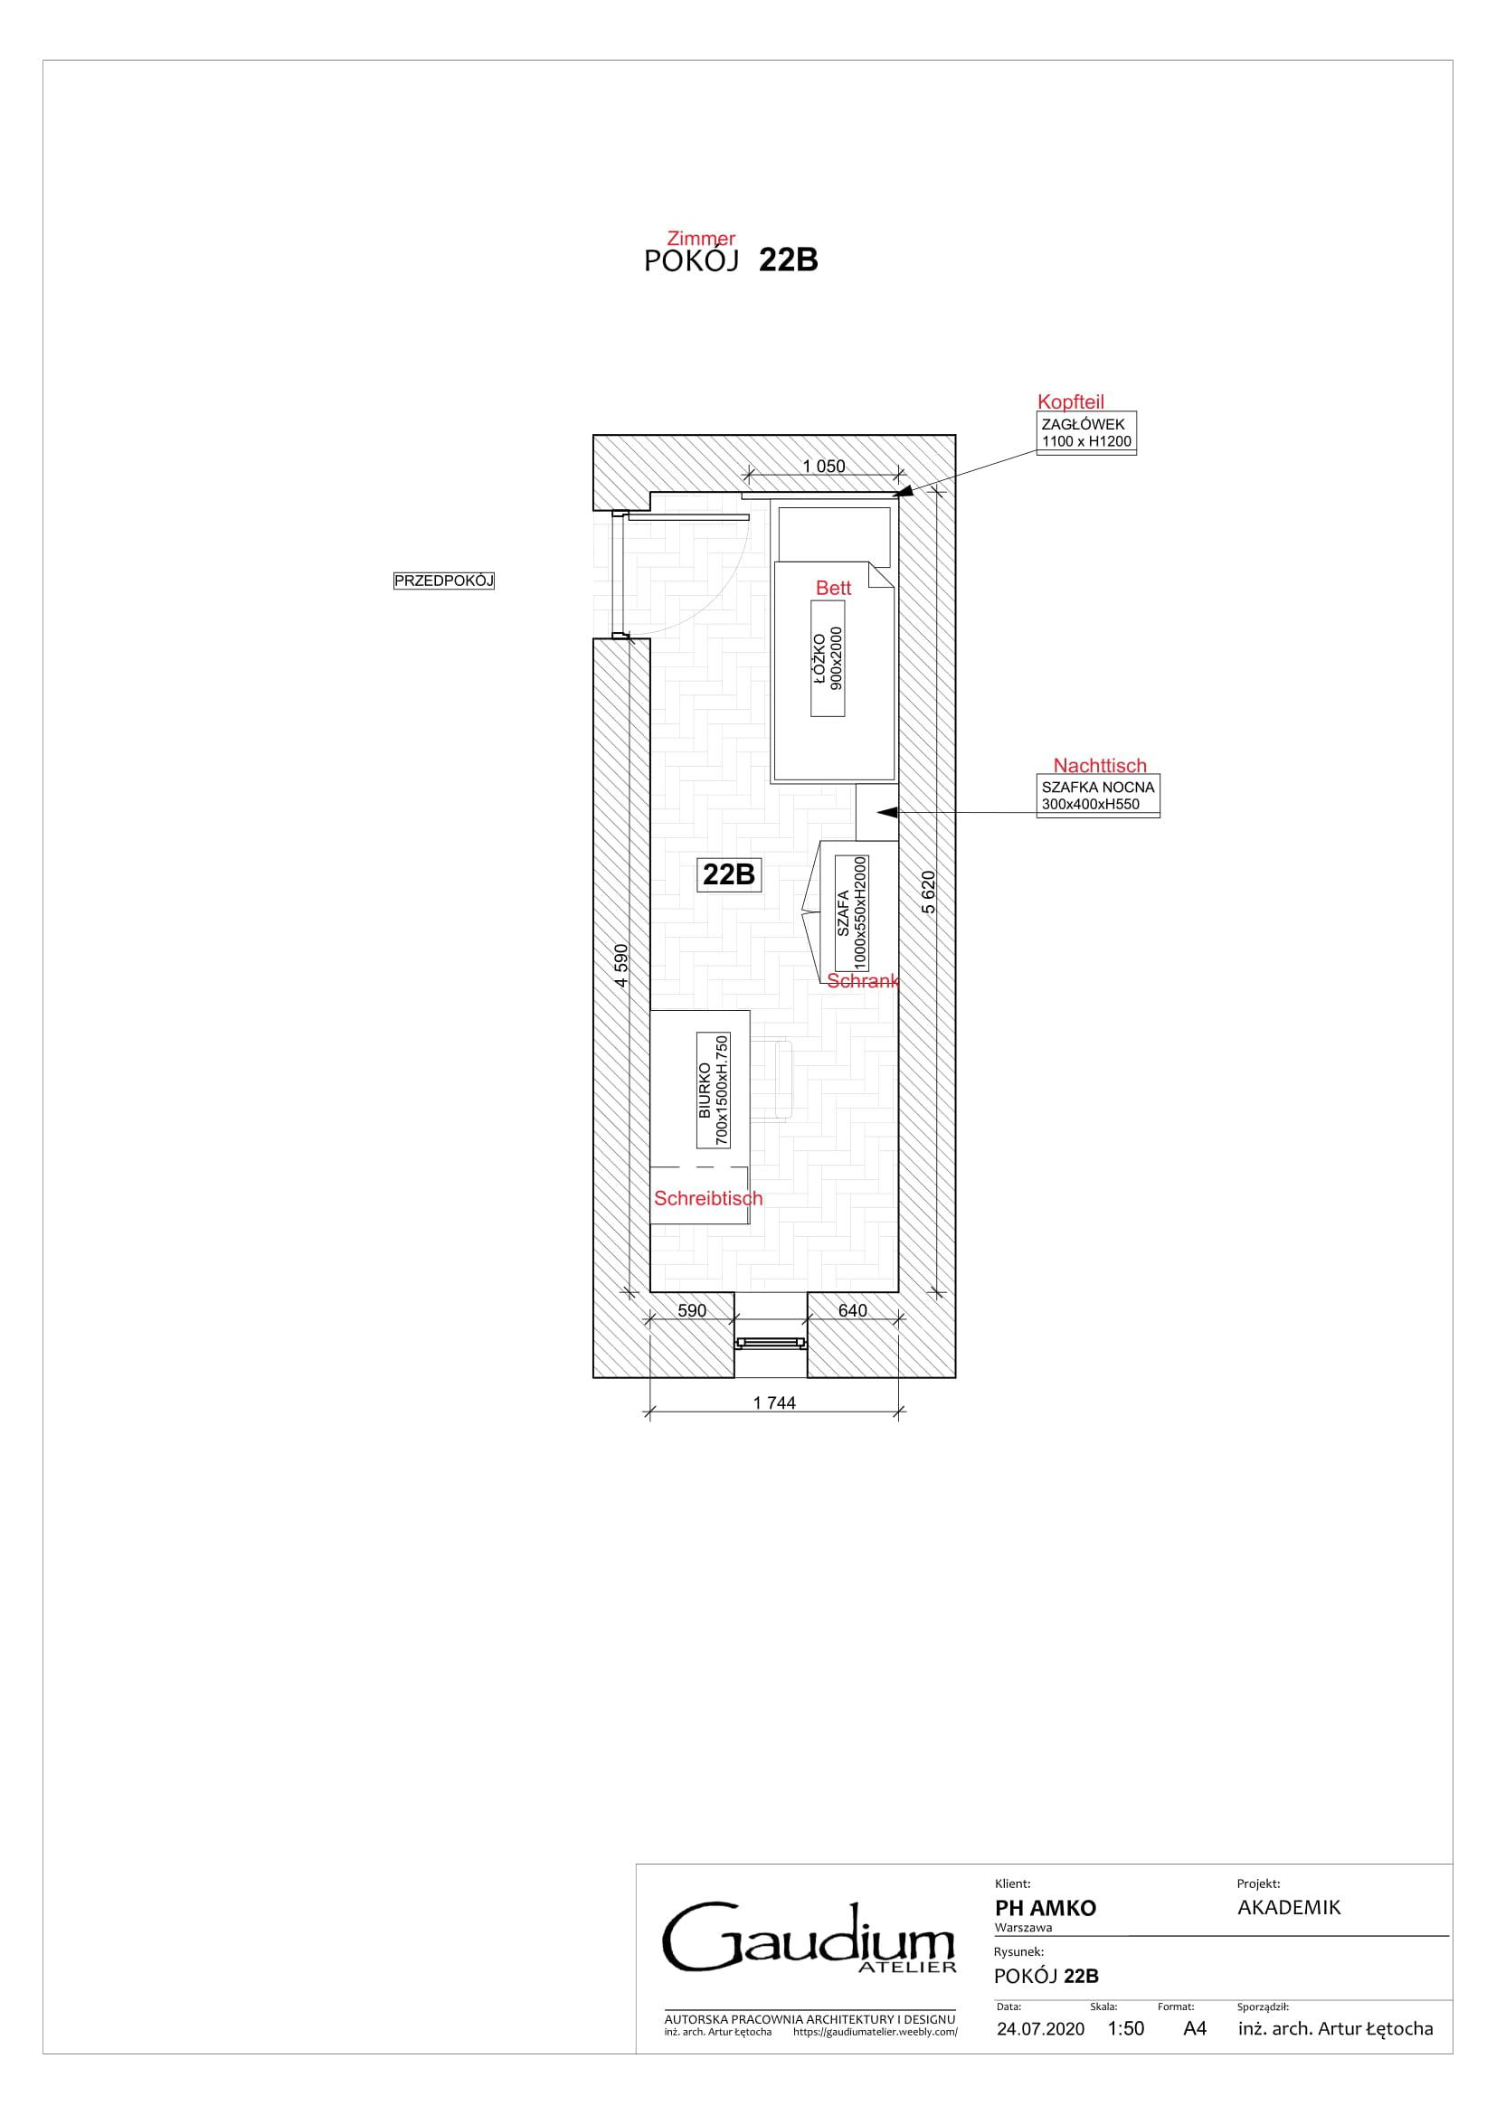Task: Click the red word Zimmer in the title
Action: pos(701,240)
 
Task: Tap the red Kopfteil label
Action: pos(1070,401)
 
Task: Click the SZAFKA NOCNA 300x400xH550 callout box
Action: pos(1098,796)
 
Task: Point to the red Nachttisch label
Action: pos(1100,766)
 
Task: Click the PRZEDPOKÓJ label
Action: pos(444,581)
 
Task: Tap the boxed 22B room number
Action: pos(729,874)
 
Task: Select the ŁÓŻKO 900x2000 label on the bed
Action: pos(828,657)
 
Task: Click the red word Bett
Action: pos(834,588)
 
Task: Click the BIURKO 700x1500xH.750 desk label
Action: pos(714,1091)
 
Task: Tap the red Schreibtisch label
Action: pos(708,1198)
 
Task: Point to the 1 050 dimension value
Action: pos(824,466)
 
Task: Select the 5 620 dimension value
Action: pos(929,892)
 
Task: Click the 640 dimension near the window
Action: pos(853,1310)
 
